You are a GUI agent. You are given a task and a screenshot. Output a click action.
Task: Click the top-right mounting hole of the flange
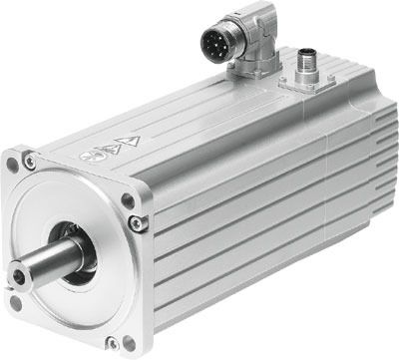pos(128,200)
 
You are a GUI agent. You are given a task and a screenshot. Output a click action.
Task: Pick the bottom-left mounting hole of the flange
pos(14,302)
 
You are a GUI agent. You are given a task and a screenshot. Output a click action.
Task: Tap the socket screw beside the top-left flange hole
pos(31,160)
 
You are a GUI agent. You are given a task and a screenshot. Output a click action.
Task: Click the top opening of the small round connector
pos(303,55)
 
